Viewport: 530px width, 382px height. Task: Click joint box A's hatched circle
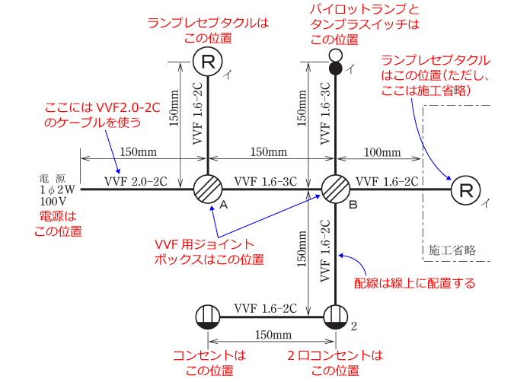coord(208,189)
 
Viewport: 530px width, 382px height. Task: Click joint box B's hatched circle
coord(335,189)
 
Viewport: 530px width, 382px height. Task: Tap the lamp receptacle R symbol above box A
coord(208,62)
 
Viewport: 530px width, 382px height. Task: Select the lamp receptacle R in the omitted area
coord(466,190)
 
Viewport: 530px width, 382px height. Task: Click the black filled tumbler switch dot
coord(335,68)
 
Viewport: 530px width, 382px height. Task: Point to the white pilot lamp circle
coord(335,55)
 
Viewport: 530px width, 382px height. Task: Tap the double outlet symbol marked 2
coord(335,317)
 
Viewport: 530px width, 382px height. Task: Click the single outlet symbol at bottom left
coord(208,317)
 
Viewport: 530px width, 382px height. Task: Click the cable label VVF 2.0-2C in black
coord(136,182)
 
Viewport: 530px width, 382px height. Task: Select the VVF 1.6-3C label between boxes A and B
coord(265,182)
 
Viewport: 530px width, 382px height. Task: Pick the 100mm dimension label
coord(382,153)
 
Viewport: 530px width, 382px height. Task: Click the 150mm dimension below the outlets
coord(273,335)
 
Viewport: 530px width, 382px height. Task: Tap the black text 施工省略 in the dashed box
coord(452,250)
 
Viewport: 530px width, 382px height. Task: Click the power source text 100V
coord(53,202)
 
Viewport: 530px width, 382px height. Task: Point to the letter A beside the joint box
coord(224,205)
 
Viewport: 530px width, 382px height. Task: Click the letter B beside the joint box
coord(353,205)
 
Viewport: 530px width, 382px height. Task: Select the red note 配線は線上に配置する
coord(414,283)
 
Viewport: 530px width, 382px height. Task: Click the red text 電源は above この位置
coord(58,216)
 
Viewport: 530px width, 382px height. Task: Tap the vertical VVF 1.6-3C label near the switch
coord(325,113)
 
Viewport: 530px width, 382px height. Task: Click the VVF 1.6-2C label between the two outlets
coord(265,308)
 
